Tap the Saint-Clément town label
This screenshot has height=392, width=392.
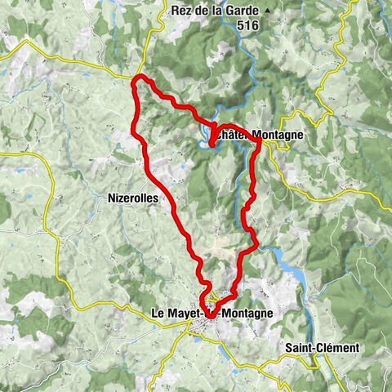(322, 348)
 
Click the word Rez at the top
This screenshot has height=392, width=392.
(183, 11)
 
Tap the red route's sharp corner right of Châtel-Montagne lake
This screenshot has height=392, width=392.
(259, 142)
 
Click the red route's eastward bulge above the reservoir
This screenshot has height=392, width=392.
(256, 243)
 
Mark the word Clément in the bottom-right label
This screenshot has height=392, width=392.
(339, 348)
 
